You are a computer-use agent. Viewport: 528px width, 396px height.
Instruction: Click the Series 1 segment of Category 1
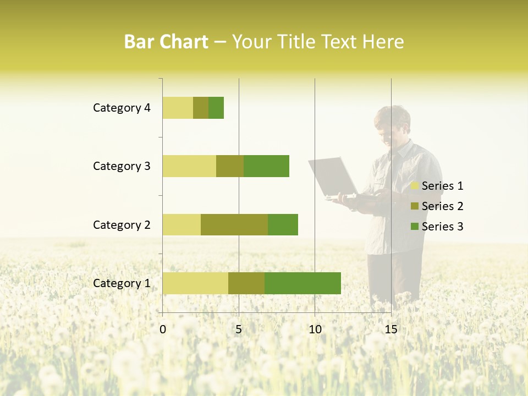coord(195,283)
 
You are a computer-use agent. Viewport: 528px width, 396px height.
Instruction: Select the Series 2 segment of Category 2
coord(234,224)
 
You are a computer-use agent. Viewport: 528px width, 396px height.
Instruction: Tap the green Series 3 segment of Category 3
coord(266,166)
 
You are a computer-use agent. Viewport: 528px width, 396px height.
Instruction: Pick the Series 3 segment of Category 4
coord(216,108)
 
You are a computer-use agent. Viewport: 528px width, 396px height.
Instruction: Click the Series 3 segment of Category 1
coord(302,283)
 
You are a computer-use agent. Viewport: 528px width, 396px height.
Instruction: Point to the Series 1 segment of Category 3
coord(189,166)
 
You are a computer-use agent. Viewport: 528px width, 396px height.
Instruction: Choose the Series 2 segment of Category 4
coord(201,108)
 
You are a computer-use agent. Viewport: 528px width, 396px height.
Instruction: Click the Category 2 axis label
coord(122,224)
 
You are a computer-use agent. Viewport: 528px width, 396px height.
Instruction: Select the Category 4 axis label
coord(122,108)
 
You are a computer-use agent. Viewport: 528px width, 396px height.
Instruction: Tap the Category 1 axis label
coord(122,283)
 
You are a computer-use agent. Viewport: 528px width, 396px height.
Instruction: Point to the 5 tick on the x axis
coord(239,329)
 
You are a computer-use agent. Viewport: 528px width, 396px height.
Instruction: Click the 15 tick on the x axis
coord(391,329)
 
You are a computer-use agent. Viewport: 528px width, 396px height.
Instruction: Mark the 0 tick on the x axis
coord(163,329)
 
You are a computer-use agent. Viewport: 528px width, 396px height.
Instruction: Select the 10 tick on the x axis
coord(315,329)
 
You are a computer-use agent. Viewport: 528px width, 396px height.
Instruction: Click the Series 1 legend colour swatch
coord(415,186)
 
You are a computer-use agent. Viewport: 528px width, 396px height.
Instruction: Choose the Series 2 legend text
coord(442,206)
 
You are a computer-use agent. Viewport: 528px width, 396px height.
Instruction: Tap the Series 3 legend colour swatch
coord(415,227)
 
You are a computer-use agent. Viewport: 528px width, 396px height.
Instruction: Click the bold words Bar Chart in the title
coord(166,42)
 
